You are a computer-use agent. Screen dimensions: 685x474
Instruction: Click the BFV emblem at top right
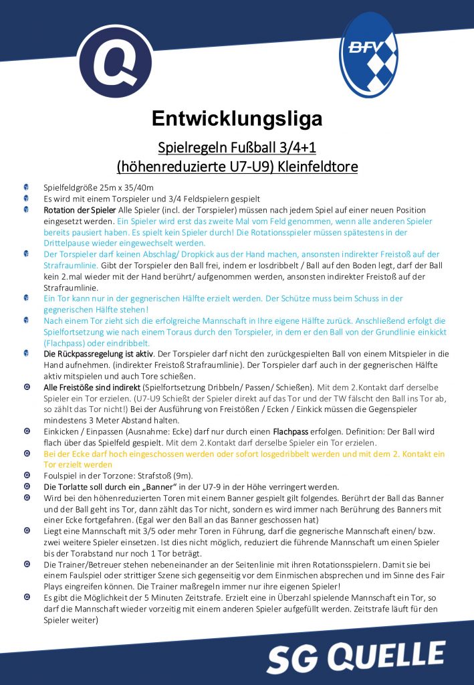point(369,56)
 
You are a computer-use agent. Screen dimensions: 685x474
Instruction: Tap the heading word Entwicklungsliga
point(237,118)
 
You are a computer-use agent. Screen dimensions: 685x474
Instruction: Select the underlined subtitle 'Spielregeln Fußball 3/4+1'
point(237,146)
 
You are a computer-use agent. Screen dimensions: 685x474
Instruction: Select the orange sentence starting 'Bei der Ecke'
point(241,454)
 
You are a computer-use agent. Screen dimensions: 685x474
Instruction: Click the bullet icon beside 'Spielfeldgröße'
point(25,188)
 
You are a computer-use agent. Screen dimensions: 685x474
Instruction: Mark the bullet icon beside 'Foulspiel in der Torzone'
point(25,476)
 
